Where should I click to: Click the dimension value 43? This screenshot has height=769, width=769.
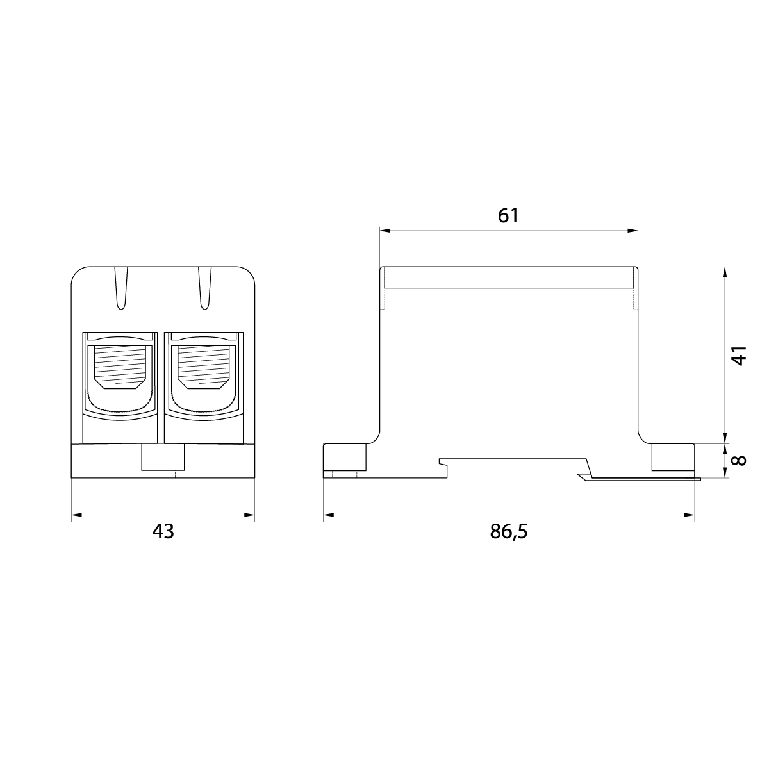(163, 531)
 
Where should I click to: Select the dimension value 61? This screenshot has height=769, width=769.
(508, 216)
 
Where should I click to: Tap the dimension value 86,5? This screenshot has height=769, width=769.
(508, 531)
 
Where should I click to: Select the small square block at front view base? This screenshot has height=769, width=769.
(163, 459)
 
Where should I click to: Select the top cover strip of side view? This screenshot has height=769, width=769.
(508, 277)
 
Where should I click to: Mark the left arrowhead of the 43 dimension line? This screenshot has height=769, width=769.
(76, 515)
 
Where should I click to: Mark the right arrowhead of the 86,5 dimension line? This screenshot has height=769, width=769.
(690, 515)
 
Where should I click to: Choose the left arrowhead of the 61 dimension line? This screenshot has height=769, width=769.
(384, 231)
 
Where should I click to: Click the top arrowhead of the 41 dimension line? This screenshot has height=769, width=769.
(725, 272)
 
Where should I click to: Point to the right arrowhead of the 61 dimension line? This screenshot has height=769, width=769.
(633, 231)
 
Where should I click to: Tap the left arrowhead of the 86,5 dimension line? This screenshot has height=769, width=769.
(328, 515)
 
